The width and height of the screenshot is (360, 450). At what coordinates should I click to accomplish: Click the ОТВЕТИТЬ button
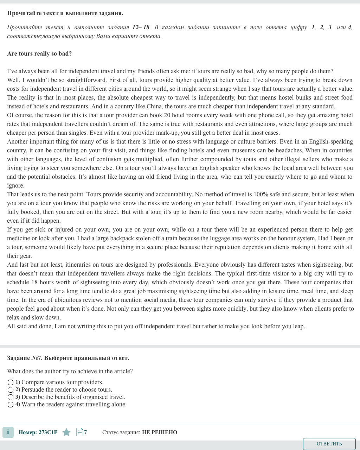point(329,444)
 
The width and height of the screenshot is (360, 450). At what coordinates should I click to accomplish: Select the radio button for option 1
point(11,382)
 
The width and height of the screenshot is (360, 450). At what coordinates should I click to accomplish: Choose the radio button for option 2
point(11,390)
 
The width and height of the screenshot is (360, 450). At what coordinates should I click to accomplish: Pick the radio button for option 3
point(11,397)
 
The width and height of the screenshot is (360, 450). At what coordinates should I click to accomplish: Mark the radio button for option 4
point(11,405)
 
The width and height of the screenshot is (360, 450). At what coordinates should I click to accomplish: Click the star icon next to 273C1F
point(66,432)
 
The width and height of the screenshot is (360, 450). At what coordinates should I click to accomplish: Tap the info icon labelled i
point(8,432)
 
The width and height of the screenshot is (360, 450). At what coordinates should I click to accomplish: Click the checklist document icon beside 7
point(79,432)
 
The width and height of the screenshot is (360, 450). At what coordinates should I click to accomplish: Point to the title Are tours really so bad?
point(39,54)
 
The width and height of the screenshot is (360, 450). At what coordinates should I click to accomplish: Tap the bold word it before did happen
point(28,221)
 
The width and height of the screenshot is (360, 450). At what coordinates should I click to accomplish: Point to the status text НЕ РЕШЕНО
point(160,432)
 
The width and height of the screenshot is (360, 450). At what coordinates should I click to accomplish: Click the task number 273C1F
point(48,432)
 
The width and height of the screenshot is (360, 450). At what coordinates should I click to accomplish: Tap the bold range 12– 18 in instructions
point(141,27)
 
